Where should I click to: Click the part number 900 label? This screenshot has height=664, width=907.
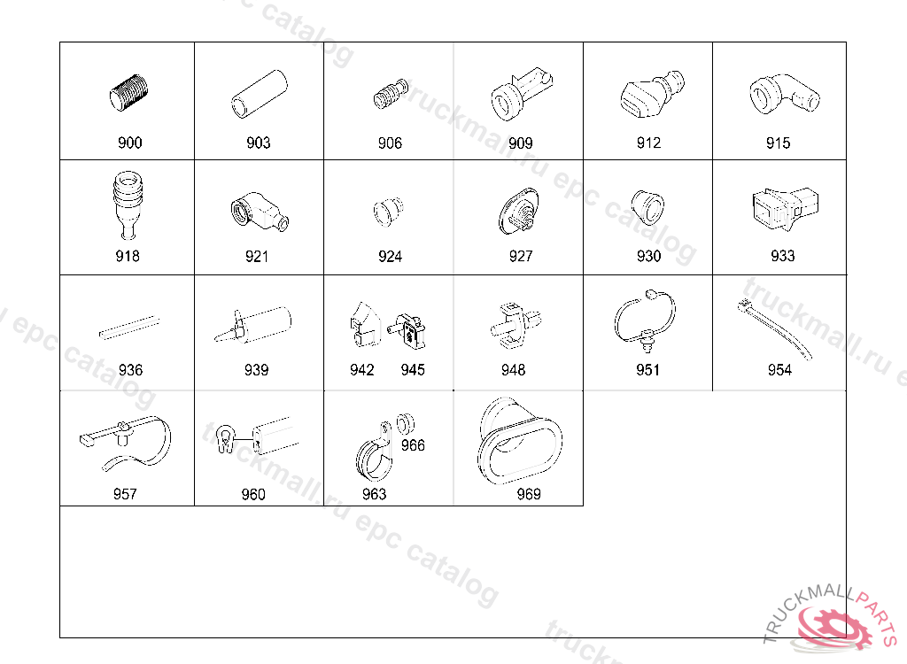(x=129, y=143)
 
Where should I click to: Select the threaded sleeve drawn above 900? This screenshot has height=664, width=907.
(x=128, y=93)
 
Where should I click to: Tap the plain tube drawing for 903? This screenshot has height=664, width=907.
(x=260, y=94)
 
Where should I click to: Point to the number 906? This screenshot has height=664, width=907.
(x=390, y=143)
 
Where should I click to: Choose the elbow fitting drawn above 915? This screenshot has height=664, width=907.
(x=785, y=94)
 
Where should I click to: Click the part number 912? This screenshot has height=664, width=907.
(x=648, y=143)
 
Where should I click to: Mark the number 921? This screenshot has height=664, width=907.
(x=257, y=256)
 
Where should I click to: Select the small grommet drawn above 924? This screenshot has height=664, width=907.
(x=388, y=212)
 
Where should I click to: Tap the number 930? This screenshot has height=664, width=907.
(x=648, y=256)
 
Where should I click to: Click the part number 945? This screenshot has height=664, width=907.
(x=413, y=369)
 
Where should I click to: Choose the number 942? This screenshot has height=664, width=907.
(x=362, y=369)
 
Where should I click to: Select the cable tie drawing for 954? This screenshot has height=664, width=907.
(x=775, y=328)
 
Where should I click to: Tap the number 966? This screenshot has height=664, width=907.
(x=413, y=445)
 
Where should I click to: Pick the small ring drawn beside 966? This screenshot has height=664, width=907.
(x=406, y=424)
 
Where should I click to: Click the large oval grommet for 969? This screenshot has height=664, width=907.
(x=520, y=441)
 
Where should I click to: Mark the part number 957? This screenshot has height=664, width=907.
(x=125, y=494)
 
